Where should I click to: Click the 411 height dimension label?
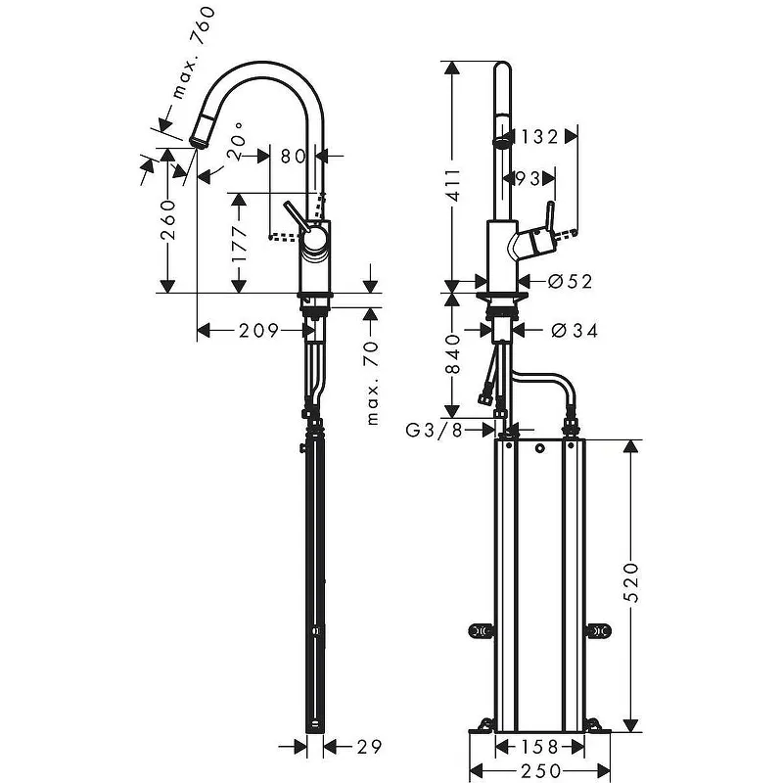click(x=454, y=185)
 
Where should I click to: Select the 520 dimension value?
click(x=631, y=582)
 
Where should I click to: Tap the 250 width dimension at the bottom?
click(x=541, y=771)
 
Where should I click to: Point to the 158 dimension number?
click(x=539, y=747)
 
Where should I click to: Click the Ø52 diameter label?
click(x=570, y=281)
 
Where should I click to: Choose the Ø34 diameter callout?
click(x=575, y=330)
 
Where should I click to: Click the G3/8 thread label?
click(x=434, y=430)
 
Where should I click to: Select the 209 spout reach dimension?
click(x=258, y=330)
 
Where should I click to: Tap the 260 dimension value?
click(x=168, y=219)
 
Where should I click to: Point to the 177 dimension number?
click(x=240, y=244)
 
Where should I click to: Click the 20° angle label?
click(x=235, y=141)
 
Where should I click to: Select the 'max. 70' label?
click(x=372, y=384)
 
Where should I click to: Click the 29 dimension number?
click(x=370, y=747)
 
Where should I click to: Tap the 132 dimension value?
click(x=539, y=136)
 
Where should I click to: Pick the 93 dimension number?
click(x=528, y=178)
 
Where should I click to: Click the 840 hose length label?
click(x=453, y=354)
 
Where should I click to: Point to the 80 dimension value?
click(x=293, y=157)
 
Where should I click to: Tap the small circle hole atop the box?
click(x=540, y=448)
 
